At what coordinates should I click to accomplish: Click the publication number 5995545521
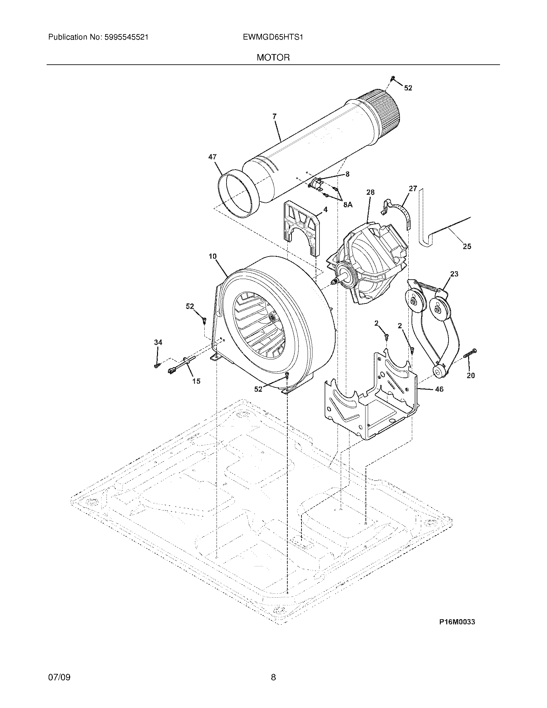pos(126,37)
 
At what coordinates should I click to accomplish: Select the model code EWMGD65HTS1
pos(273,37)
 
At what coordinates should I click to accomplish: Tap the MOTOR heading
pos(273,58)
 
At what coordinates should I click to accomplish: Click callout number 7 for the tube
pos(274,117)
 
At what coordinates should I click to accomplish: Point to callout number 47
pos(212,157)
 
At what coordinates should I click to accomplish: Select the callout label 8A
pos(348,205)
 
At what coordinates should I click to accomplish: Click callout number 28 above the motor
pos(370,192)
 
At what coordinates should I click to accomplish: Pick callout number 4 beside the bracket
pos(325,210)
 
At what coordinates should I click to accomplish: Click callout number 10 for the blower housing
pos(212,256)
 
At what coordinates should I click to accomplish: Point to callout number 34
pos(158,342)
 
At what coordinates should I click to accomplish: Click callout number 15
pos(196,381)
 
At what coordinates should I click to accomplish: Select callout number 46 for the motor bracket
pos(439,389)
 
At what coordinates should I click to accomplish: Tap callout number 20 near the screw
pos(470,375)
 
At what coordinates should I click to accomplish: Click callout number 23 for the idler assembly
pos(454,274)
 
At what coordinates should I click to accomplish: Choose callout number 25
pos(467,247)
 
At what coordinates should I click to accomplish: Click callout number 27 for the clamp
pos(413,188)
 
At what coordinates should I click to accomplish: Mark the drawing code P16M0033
pos(457,622)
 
